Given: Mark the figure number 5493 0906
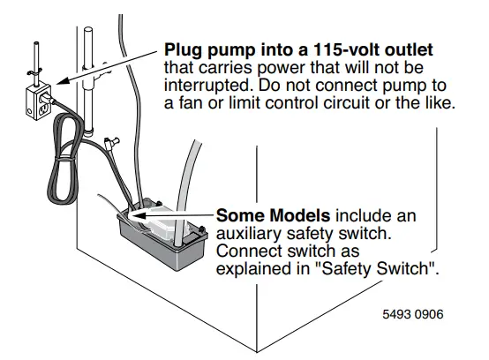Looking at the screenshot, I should coord(415,313).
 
